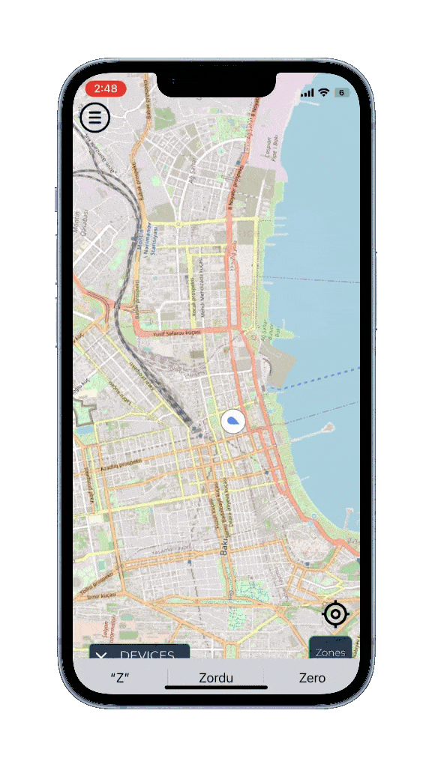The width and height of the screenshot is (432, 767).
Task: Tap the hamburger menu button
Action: pos(95,118)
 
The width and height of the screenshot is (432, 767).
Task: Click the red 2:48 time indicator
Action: pos(106,88)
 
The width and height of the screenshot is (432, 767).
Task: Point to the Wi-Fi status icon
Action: pos(324,92)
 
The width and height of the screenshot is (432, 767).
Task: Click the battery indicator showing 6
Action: pos(341,92)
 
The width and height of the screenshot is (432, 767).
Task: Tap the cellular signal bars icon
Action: pos(307,93)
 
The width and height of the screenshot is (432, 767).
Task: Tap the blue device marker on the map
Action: pos(233,422)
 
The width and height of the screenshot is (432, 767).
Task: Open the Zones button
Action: pos(330,652)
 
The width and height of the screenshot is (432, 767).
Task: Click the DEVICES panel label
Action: pos(148,655)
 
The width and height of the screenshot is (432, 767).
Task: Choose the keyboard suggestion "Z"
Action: pos(120,678)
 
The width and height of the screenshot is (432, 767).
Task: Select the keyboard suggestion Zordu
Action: pos(216,678)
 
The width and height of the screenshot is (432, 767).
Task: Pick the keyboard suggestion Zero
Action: pos(312,678)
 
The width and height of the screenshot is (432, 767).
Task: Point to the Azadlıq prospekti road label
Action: pos(120,457)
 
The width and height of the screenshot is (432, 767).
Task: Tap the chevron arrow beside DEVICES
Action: pos(103,656)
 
